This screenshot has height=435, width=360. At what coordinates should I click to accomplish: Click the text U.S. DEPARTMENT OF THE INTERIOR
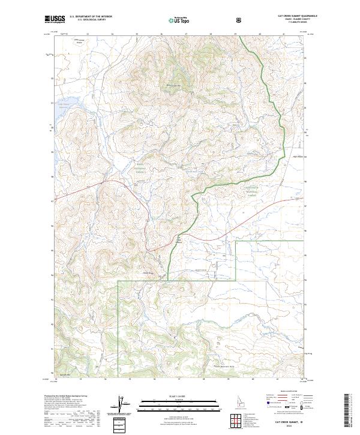click(x=91, y=17)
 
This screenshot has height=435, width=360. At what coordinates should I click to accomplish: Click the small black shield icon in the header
click(x=239, y=20)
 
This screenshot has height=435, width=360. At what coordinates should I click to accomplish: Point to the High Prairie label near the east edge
click(x=298, y=157)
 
